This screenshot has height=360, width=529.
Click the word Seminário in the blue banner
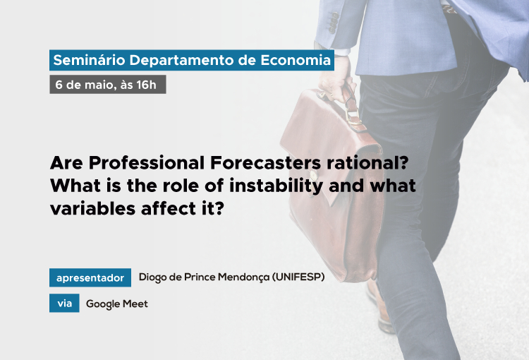(89, 60)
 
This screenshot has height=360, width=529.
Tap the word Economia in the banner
(296, 60)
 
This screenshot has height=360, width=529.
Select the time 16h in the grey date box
(147, 85)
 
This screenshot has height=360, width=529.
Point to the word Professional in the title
(147, 163)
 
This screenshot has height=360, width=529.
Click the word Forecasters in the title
(265, 163)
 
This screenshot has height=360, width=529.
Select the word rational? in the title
(367, 163)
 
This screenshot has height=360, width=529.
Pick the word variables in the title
(93, 208)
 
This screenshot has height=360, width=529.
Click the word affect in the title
(169, 208)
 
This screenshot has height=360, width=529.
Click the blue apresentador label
(90, 277)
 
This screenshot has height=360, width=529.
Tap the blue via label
(64, 303)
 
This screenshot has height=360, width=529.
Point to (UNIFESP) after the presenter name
(298, 277)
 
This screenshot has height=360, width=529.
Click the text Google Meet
(117, 304)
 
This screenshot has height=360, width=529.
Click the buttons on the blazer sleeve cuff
(334, 23)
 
